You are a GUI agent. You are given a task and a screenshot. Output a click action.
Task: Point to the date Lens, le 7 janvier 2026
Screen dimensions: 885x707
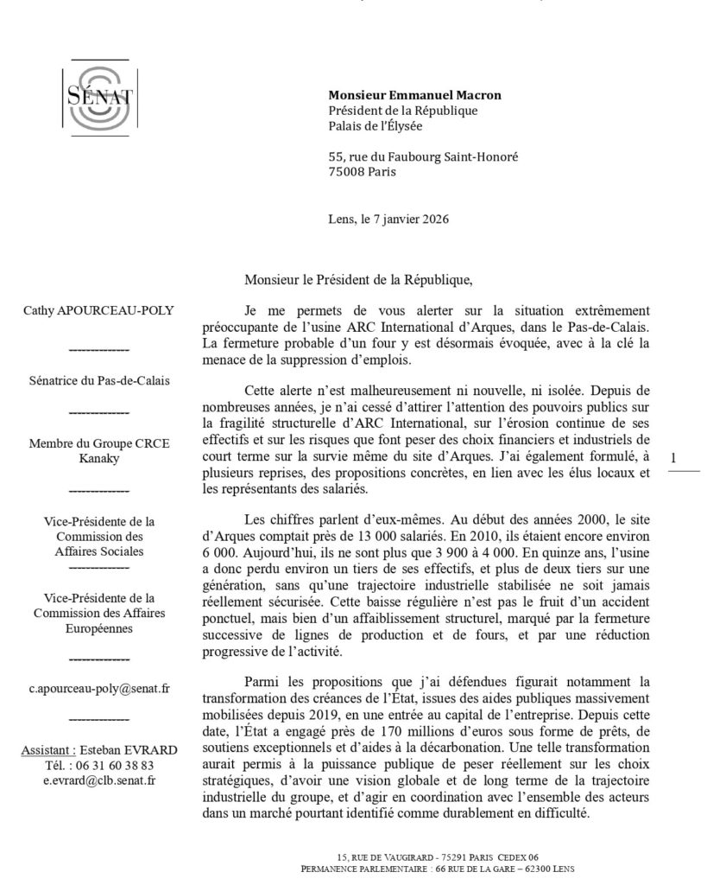click(388, 219)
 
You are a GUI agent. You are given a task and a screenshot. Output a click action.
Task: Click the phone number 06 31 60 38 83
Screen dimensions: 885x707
click(113, 766)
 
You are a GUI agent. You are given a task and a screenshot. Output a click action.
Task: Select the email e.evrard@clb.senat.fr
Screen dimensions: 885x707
click(99, 780)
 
